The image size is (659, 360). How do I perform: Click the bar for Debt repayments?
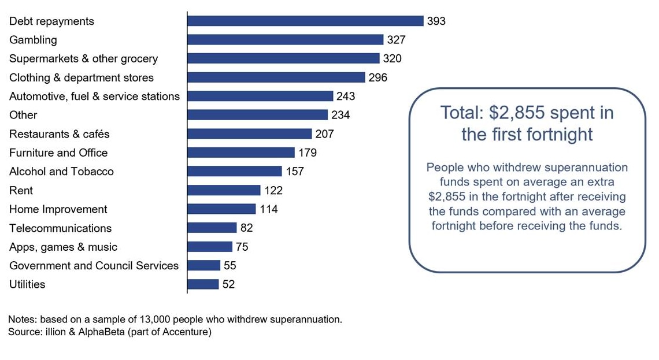(305, 21)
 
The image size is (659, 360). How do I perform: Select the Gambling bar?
(285, 40)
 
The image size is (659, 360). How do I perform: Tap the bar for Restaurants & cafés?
(249, 134)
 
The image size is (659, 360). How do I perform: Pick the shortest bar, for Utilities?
(203, 284)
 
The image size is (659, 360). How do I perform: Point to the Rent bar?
(224, 190)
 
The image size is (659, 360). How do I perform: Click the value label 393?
(436, 21)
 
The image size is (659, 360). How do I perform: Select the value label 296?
(377, 77)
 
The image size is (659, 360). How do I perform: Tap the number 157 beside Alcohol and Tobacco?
(294, 172)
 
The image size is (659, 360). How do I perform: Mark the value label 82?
(246, 228)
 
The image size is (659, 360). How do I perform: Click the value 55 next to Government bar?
(230, 266)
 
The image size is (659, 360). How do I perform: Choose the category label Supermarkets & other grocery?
(83, 59)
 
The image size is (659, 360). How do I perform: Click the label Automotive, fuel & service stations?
(94, 97)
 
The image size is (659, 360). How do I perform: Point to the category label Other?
(23, 115)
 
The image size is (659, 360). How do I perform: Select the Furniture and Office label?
(58, 153)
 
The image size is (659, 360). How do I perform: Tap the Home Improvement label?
(58, 209)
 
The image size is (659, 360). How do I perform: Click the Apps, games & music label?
(63, 247)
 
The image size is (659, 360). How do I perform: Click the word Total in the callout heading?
(461, 113)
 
